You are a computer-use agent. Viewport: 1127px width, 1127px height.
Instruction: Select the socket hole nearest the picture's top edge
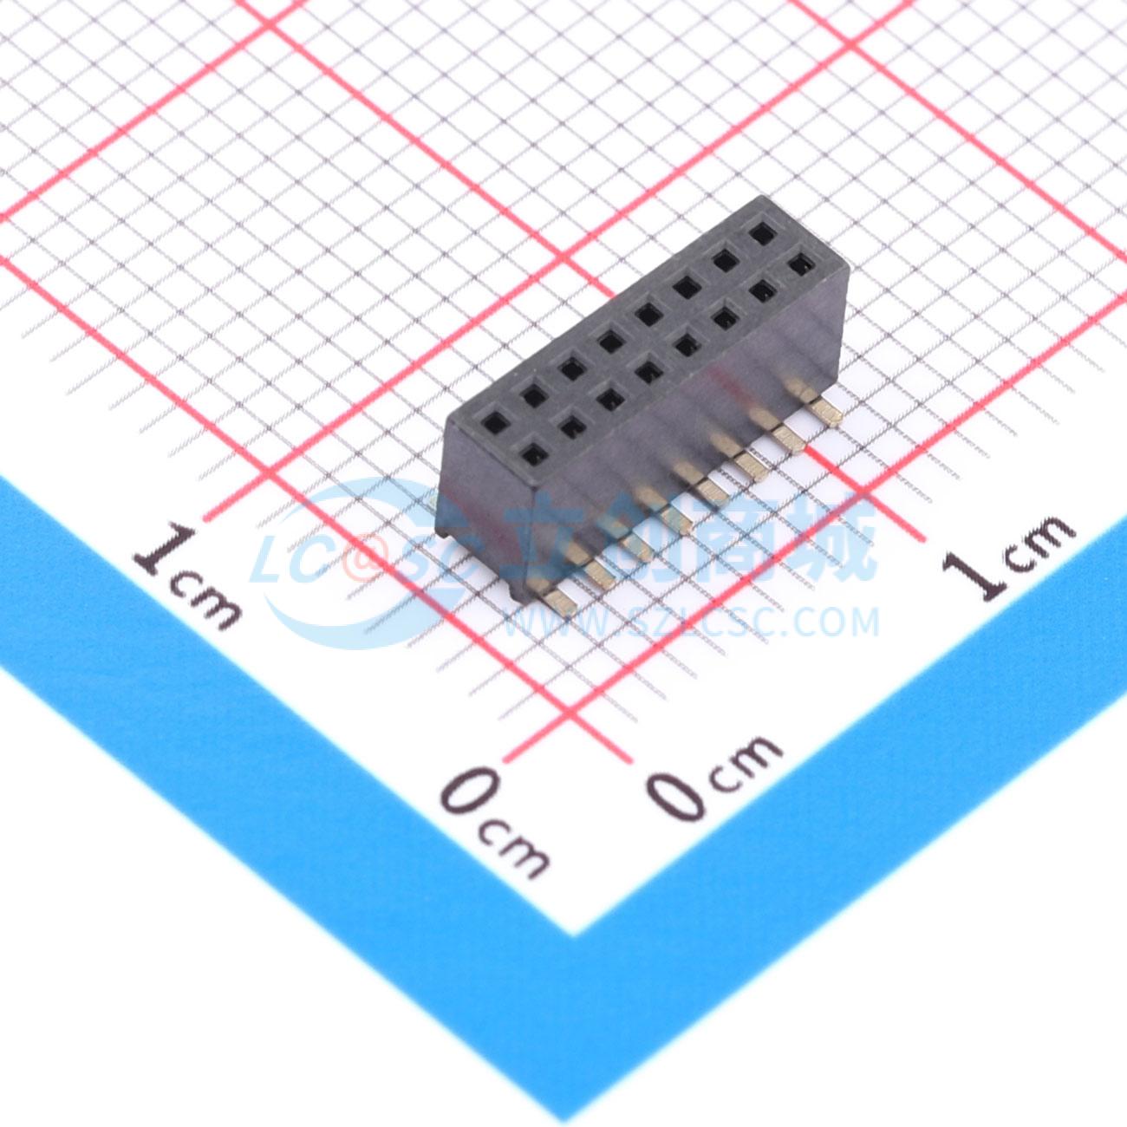click(761, 235)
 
